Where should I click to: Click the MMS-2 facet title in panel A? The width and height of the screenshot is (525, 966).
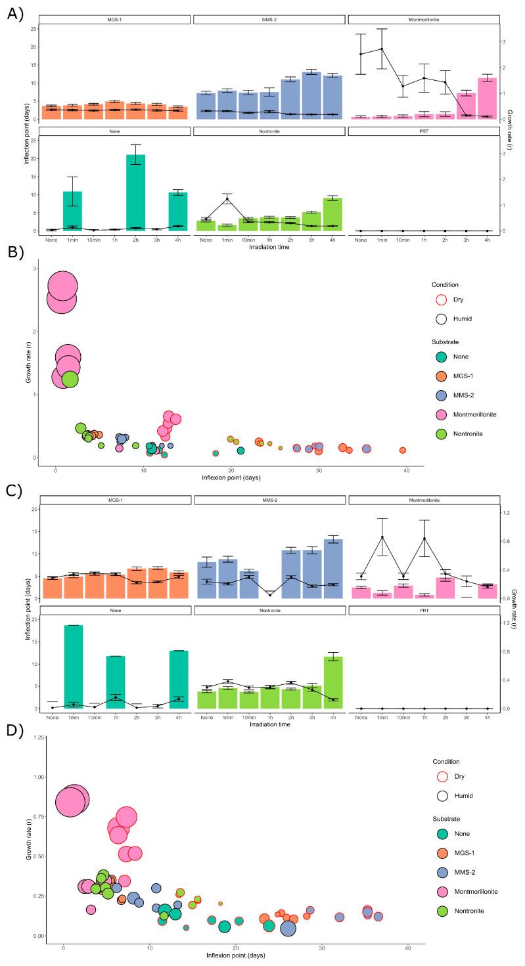[x=269, y=20]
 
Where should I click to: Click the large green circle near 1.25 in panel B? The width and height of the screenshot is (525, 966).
[x=70, y=379]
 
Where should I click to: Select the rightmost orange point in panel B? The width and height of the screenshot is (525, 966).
[x=403, y=450]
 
